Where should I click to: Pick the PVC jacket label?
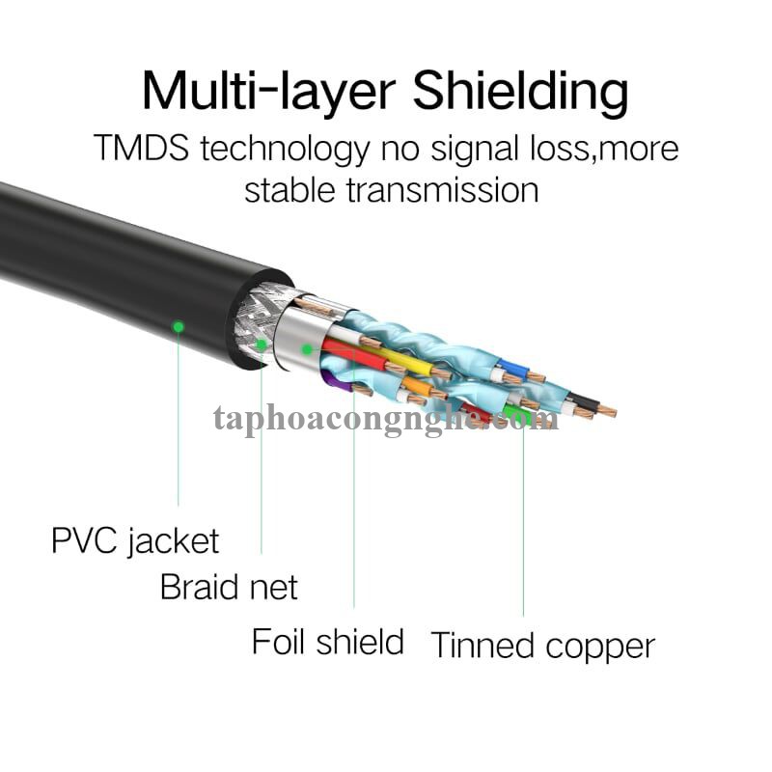point(135,540)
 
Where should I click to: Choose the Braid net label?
point(229,586)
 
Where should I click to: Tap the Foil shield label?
point(327,640)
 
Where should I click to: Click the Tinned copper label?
point(542,645)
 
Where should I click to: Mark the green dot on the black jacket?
point(178,326)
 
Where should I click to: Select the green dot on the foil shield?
point(306,348)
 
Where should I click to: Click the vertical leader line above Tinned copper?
point(523,521)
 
